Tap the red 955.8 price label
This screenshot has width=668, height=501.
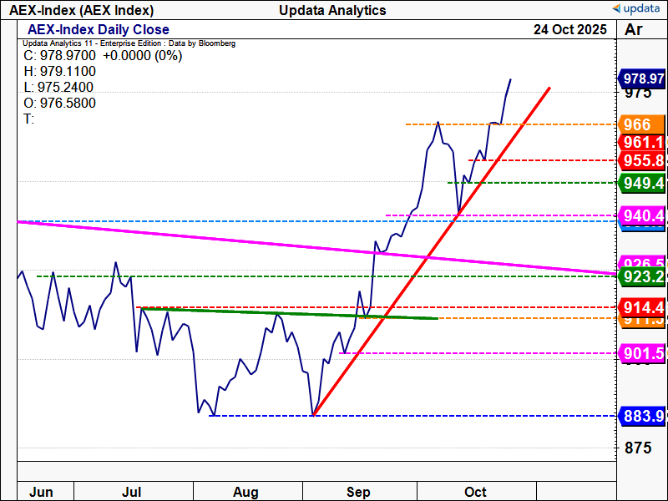642,160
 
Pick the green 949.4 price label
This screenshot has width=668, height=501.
642,182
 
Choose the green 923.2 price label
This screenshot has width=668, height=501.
642,276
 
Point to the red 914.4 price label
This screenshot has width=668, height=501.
642,307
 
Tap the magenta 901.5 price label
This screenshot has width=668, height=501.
642,353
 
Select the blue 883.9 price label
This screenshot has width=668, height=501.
642,416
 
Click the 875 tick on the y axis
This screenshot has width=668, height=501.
639,448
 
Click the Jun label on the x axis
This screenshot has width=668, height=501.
42,492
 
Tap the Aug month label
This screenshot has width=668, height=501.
245,492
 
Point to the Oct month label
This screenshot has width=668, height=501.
476,492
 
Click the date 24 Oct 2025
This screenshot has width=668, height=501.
571,30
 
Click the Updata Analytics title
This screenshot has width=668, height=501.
333,10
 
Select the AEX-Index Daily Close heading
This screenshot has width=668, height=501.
99,30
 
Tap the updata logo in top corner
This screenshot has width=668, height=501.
637,9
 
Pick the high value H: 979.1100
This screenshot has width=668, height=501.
60,72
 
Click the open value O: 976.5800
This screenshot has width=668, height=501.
60,103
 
